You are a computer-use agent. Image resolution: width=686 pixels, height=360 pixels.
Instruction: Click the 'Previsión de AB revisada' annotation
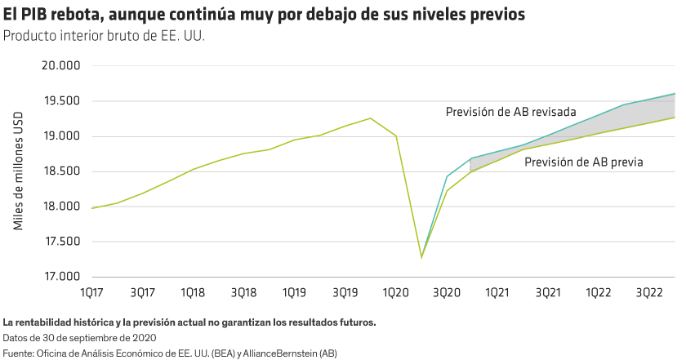(x=511, y=112)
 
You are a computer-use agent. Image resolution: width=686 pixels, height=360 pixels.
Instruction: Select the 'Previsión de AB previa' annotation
(x=583, y=162)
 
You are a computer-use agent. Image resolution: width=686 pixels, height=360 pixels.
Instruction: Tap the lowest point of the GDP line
(x=421, y=258)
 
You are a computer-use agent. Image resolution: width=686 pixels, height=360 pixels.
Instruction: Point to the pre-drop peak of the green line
(x=371, y=118)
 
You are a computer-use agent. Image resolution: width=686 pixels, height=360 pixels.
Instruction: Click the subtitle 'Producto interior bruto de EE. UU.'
(x=104, y=36)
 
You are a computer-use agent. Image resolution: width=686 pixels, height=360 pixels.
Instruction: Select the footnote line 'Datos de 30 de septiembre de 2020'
(x=78, y=337)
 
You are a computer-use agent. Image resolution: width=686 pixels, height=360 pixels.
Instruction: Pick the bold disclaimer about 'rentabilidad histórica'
(x=189, y=321)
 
